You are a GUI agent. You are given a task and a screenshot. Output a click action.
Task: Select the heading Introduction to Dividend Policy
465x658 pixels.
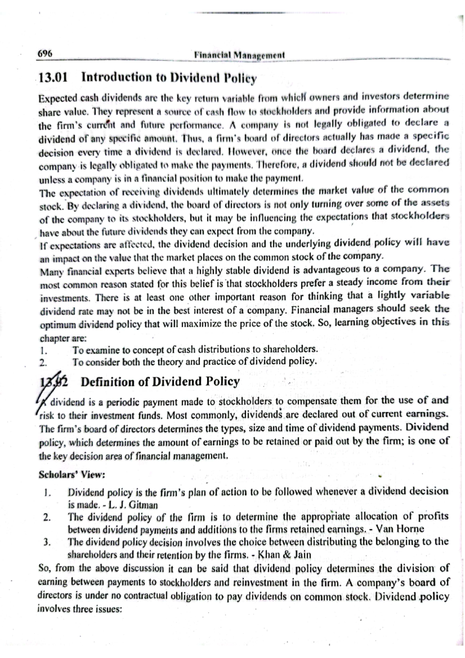click(x=169, y=78)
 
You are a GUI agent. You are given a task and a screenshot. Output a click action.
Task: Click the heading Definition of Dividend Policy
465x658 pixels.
click(x=160, y=382)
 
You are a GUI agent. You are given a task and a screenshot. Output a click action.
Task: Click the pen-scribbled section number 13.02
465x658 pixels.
click(x=53, y=382)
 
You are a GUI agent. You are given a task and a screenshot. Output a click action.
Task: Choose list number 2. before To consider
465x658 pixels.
click(x=43, y=363)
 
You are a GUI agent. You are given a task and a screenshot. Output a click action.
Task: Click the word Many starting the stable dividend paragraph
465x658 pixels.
click(x=50, y=272)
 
